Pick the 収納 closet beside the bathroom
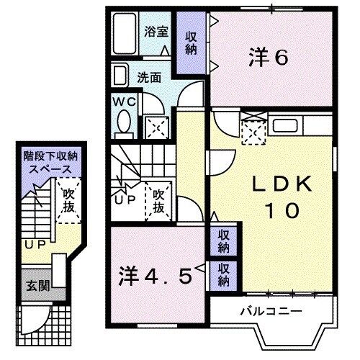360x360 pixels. tap(191, 43)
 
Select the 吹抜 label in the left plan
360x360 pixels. tap(68, 199)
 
